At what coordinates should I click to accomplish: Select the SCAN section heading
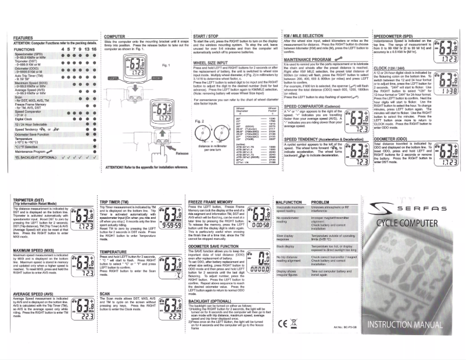click(x=105, y=295)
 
